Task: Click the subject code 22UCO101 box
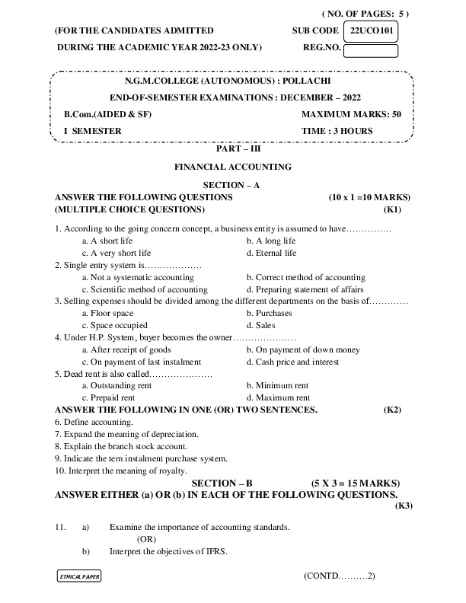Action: point(371,31)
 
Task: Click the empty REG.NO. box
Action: point(371,51)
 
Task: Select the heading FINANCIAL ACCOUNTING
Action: point(233,166)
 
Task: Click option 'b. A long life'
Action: point(270,241)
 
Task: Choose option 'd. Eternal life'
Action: point(271,253)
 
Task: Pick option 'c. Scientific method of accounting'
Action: point(144,289)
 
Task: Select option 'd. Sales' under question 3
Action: point(261,326)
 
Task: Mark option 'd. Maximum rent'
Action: point(278,397)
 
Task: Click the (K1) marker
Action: point(392,209)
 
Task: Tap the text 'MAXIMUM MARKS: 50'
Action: point(351,114)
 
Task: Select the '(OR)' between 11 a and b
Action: point(147,539)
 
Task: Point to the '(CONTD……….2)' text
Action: point(339,576)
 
